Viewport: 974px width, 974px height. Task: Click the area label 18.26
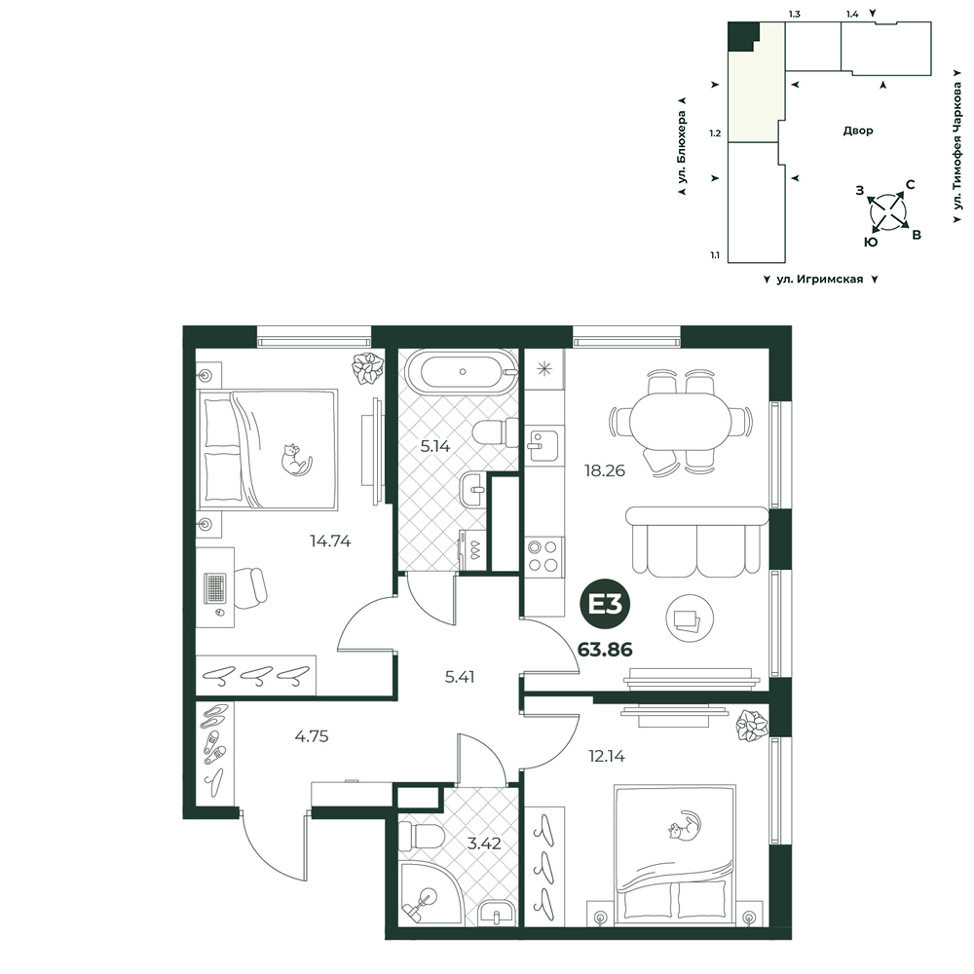[x=604, y=470]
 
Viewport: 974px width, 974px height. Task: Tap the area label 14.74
[x=330, y=542]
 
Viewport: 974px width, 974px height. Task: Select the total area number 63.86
[x=605, y=650]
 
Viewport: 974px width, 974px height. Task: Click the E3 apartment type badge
[x=605, y=605]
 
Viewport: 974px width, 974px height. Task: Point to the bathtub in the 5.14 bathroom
[x=463, y=372]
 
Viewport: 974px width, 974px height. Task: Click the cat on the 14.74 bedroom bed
[x=296, y=460]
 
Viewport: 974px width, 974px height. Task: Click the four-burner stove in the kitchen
[x=543, y=556]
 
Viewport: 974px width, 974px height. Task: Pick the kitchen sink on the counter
[x=543, y=445]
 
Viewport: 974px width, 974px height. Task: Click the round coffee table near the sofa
[x=690, y=618]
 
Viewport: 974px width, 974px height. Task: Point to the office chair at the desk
[x=251, y=587]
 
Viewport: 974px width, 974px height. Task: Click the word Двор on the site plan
[x=858, y=131]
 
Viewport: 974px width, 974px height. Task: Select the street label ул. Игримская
[x=819, y=280]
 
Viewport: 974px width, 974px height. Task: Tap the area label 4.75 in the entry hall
[x=312, y=736]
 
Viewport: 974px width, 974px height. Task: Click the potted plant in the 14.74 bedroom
[x=368, y=368]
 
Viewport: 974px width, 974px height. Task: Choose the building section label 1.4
[x=851, y=14]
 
